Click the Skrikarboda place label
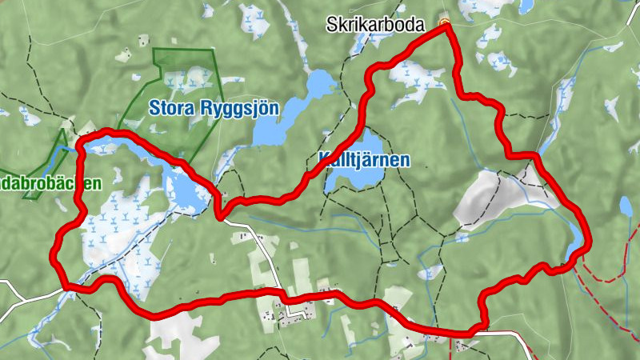374,26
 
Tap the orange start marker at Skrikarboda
445,22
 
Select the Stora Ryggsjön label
214,107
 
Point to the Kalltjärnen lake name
364,159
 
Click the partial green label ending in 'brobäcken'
50,183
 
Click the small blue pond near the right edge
626,206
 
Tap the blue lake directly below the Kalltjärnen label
352,180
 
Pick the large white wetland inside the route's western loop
120,232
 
